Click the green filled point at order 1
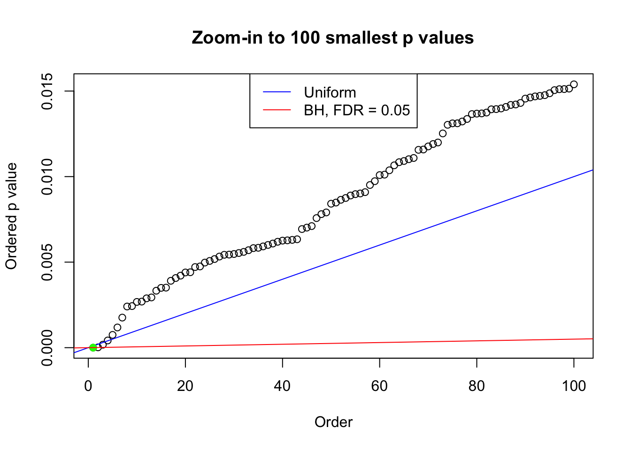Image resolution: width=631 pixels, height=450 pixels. [93, 347]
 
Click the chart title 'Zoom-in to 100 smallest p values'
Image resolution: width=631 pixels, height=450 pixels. [332, 37]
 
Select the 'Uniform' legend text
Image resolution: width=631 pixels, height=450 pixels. [330, 92]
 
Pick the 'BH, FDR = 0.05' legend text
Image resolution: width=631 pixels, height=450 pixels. [357, 110]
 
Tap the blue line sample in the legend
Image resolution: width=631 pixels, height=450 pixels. [277, 92]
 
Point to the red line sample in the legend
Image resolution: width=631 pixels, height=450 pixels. [277, 110]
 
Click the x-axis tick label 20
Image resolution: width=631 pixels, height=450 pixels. [185, 386]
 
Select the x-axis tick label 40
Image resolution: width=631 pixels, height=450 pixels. [283, 386]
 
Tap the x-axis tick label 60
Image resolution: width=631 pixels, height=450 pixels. [379, 386]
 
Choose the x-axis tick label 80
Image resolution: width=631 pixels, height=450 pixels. [477, 386]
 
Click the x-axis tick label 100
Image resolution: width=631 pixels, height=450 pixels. [574, 386]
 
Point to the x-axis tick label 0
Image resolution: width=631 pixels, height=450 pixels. [88, 386]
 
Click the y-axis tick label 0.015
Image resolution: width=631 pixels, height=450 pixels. [47, 91]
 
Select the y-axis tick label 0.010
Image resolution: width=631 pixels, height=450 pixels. [47, 177]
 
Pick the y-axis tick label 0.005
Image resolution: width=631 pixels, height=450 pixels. [47, 262]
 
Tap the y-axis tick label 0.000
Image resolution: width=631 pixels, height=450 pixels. [47, 347]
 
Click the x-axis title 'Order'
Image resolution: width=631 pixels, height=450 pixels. [333, 422]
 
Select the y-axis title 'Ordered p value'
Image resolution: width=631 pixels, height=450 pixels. [11, 216]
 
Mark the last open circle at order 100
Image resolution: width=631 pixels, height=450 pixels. [574, 84]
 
